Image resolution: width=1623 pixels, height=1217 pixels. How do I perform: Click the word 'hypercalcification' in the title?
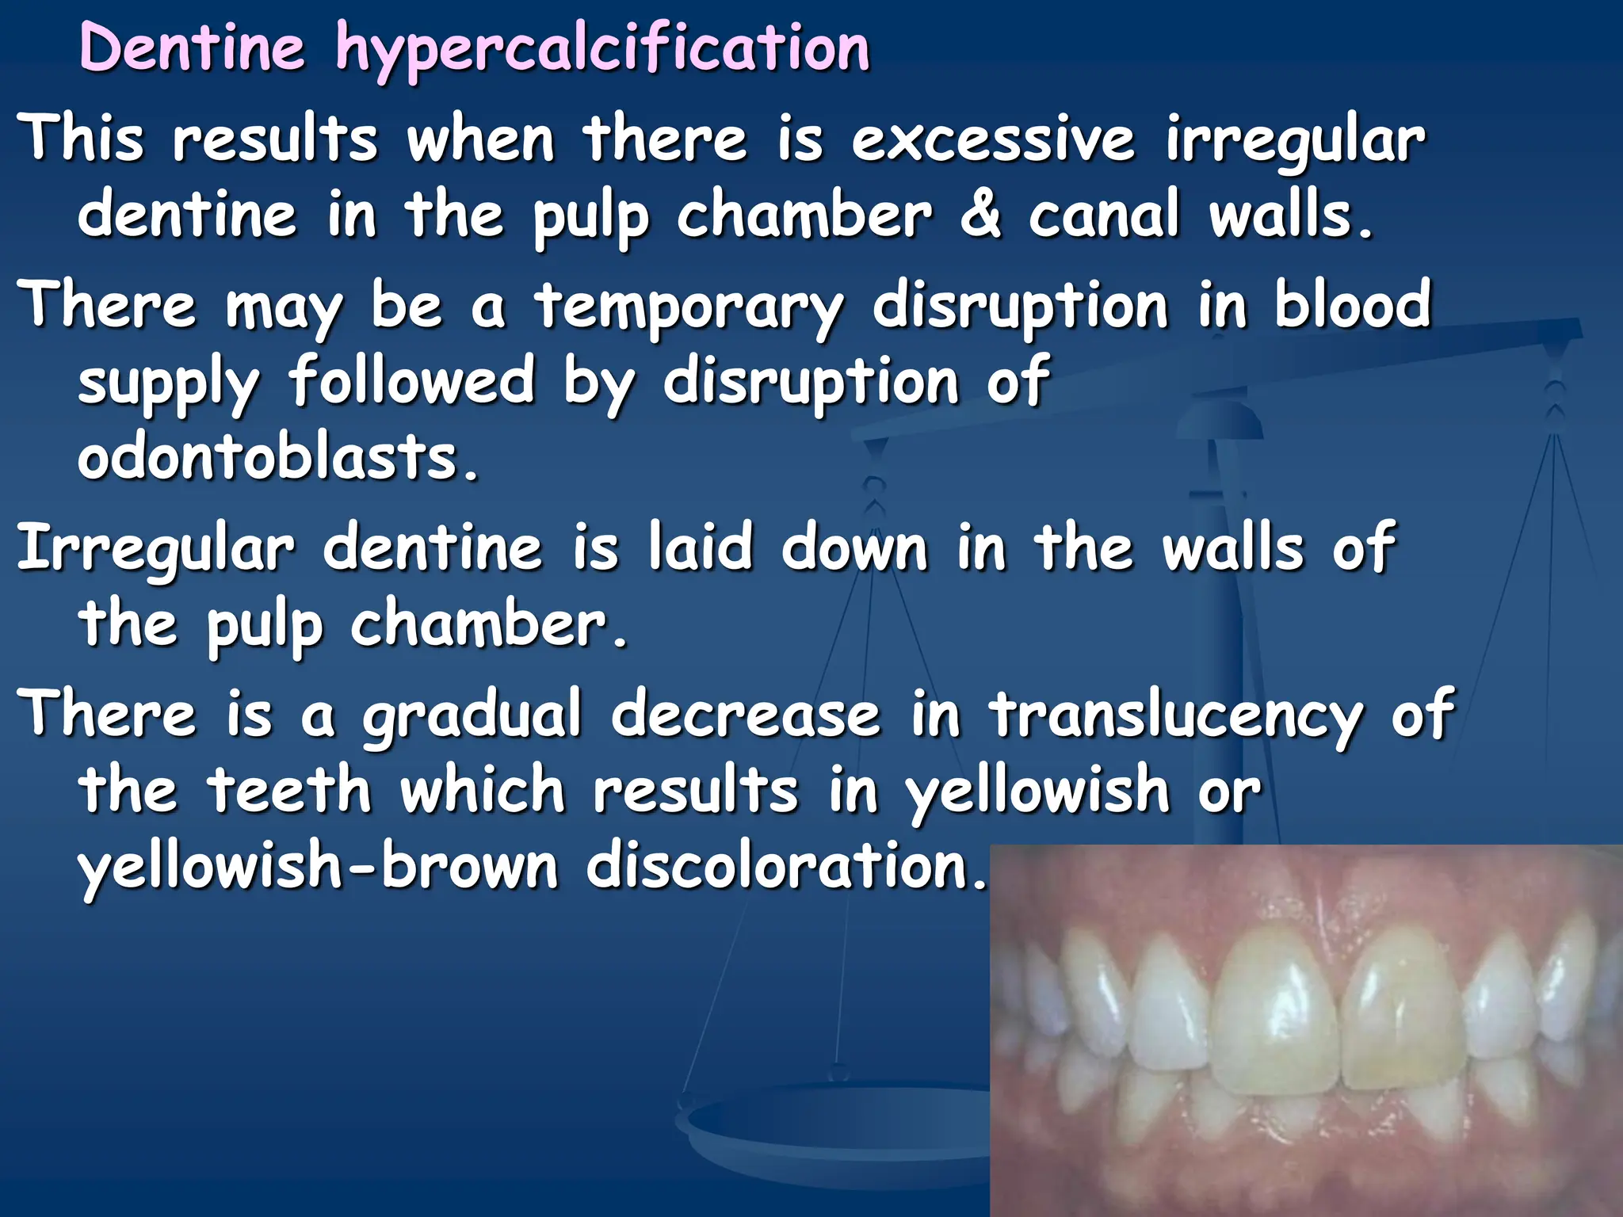point(602,49)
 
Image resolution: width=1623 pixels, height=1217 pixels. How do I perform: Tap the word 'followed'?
point(411,381)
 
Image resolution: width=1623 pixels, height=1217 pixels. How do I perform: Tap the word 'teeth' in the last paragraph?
point(290,790)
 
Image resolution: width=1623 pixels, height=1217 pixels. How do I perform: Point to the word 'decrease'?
point(746,714)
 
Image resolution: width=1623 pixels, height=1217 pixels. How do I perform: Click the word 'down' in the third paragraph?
point(854,547)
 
